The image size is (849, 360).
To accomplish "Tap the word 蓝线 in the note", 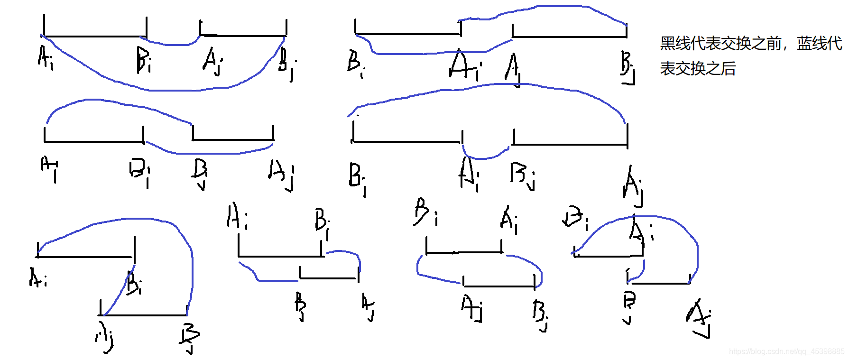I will click(x=812, y=44).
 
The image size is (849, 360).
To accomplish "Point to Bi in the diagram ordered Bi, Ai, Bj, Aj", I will click(x=357, y=178).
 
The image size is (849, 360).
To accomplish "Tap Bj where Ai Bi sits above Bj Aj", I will click(x=300, y=306).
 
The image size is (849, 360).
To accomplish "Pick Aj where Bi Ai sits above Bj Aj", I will click(x=699, y=317).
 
